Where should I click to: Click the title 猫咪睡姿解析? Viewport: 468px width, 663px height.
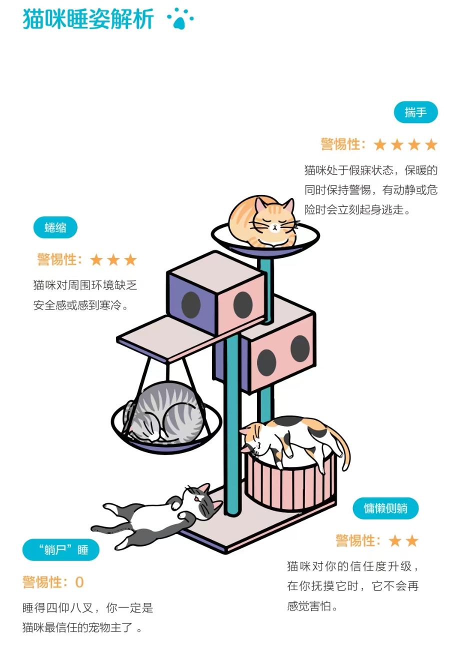point(88,19)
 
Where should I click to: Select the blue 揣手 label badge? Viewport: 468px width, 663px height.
point(415,112)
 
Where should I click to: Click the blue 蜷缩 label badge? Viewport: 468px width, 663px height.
point(55,228)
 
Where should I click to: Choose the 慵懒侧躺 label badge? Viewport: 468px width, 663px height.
point(385,508)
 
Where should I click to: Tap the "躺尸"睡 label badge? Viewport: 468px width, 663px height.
point(61,550)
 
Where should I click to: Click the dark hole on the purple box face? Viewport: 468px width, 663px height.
point(190,304)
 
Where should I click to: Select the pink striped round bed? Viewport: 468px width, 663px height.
point(290,482)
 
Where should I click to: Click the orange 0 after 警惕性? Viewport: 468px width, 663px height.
point(79,582)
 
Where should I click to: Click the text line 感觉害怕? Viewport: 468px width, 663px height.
point(312,606)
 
